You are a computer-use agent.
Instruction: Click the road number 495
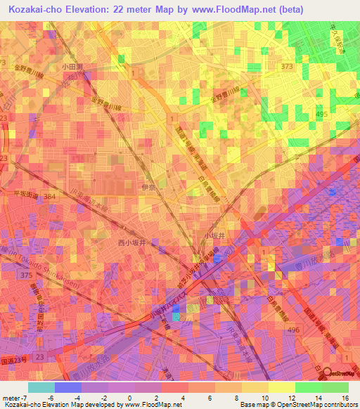click(341, 114)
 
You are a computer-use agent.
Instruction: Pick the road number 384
click(49, 197)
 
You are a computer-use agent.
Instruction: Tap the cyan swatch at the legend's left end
click(41, 387)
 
